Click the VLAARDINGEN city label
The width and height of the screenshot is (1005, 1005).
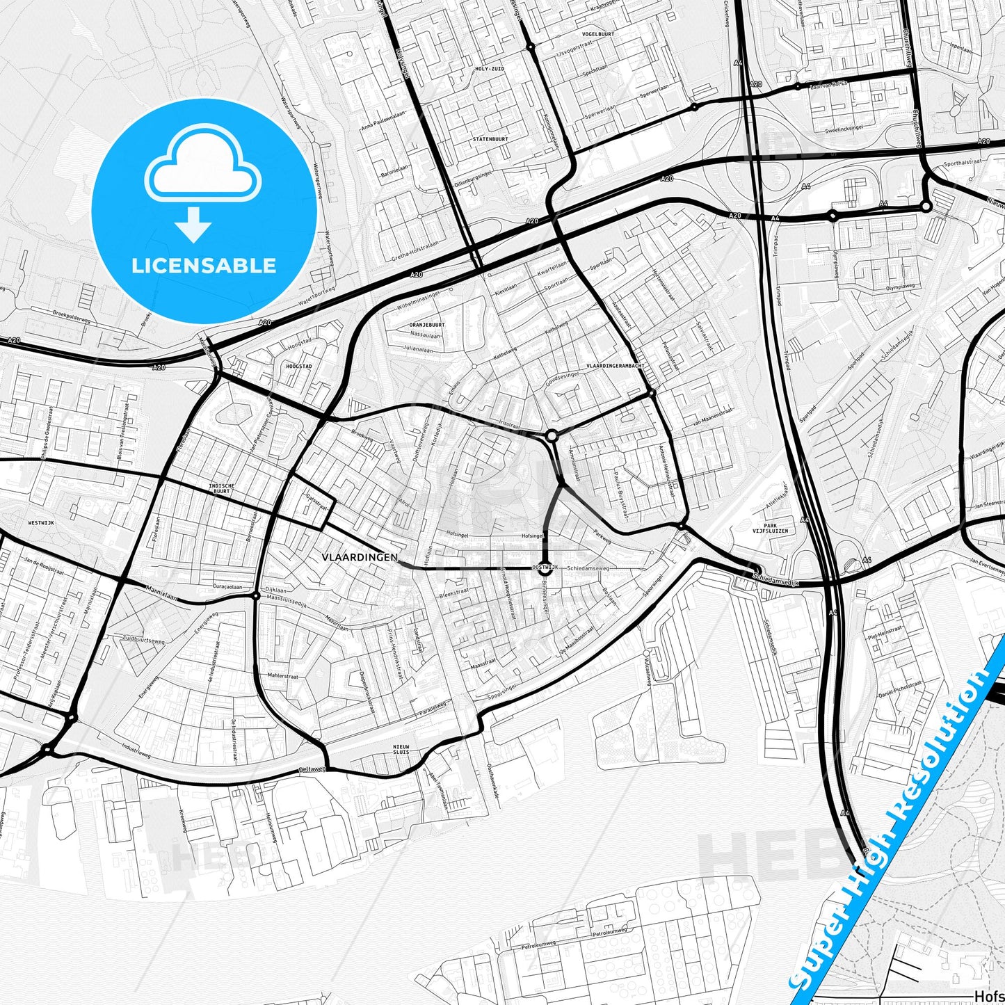tap(360, 557)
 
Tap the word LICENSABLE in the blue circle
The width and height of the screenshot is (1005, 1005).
tap(204, 266)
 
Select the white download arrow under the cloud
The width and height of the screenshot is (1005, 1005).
tap(193, 225)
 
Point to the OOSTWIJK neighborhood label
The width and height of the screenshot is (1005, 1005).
tap(545, 568)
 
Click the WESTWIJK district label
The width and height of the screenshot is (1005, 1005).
tap(41, 522)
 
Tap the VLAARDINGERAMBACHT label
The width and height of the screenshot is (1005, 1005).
tap(615, 366)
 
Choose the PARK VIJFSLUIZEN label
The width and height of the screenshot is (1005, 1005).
tap(770, 528)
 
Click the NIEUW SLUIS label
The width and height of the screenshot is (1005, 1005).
tap(401, 750)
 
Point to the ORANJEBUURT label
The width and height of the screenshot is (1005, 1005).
tap(426, 325)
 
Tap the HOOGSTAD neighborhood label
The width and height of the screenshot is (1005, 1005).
tap(298, 365)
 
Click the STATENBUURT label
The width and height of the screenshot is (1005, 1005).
tap(490, 139)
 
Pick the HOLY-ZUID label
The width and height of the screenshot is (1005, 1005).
tap(489, 69)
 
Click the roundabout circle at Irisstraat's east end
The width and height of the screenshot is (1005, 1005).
tap(552, 436)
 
